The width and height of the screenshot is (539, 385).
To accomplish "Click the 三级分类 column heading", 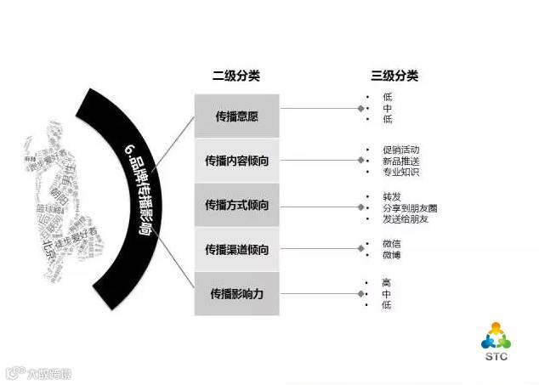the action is click(394, 76).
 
